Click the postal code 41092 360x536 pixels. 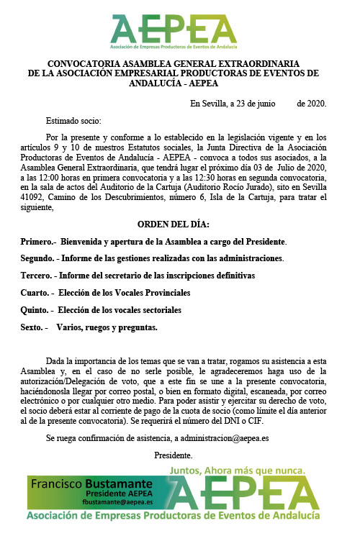[33, 195]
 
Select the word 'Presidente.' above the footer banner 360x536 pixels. [173, 455]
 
